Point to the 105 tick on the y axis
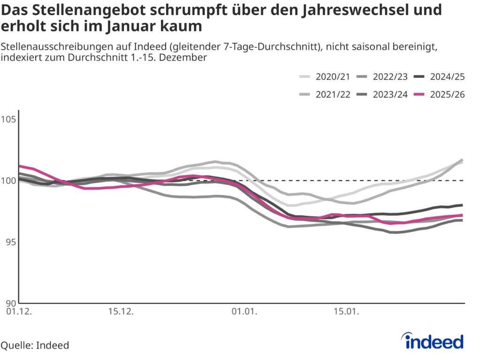9,119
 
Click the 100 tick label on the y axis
9,180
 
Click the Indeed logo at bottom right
434,341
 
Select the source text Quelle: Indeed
35,345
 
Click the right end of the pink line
462,216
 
